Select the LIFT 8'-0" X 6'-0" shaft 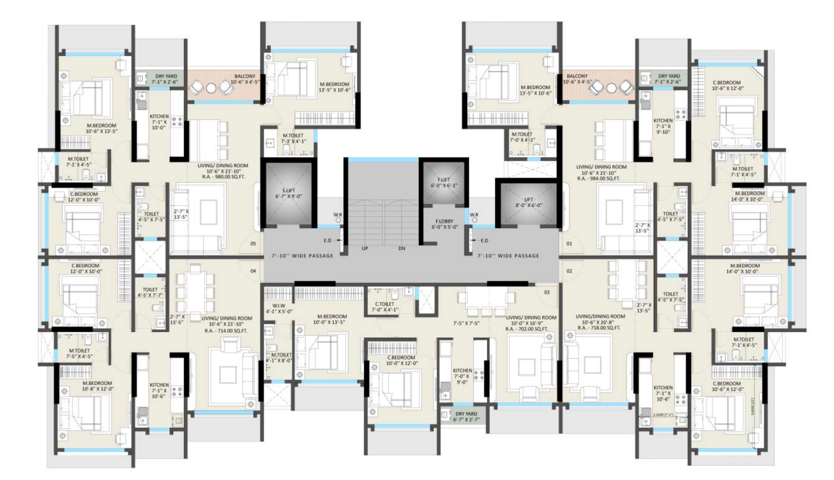528,202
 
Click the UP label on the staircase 365,248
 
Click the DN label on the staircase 402,248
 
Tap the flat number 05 253,244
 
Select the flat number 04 253,271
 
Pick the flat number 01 569,244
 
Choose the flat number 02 569,271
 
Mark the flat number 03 547,292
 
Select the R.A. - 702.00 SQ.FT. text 527,329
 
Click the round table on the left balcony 211,88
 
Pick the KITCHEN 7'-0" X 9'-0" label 462,376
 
